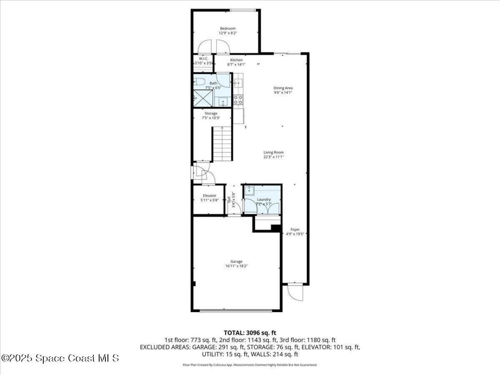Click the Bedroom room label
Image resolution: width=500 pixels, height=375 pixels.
click(227, 29)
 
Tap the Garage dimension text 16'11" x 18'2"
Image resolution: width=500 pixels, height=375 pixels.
click(236, 266)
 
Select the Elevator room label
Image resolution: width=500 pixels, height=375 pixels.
click(209, 196)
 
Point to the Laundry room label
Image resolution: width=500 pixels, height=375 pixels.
click(264, 199)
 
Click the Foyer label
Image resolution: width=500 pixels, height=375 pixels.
click(295, 230)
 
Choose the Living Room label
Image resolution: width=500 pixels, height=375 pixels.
click(273, 152)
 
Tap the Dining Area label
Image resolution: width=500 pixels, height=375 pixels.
click(283, 88)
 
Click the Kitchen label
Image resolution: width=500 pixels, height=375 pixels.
click(236, 60)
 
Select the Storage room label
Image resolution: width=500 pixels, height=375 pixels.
click(211, 113)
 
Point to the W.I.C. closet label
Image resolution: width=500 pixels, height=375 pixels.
click(203, 59)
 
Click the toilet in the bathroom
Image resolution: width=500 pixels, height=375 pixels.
click(200, 82)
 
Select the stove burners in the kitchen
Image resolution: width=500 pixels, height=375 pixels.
click(238, 100)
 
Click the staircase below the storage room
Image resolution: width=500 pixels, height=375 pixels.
click(222, 145)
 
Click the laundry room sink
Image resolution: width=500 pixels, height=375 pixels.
click(249, 191)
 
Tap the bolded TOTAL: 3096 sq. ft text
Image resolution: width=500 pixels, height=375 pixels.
click(250, 333)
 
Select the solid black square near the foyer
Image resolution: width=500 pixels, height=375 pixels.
click(276, 228)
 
